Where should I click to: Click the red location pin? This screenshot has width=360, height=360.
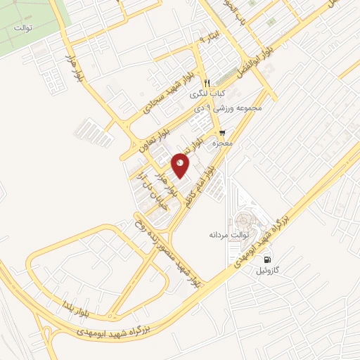(181, 165)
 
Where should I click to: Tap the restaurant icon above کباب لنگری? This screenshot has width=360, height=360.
(207, 83)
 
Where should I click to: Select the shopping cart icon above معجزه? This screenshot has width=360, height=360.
(223, 133)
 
